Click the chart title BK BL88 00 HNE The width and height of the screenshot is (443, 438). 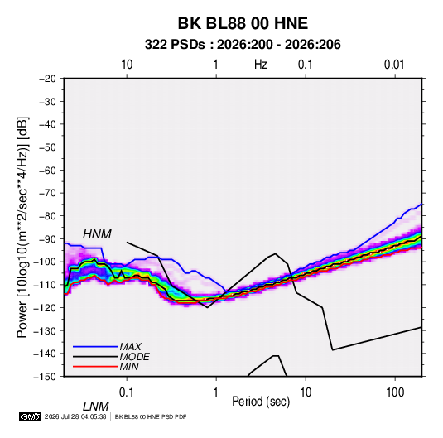pyautogui.click(x=243, y=23)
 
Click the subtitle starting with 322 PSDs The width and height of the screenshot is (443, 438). pyautogui.click(x=243, y=45)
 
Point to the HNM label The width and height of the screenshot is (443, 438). pyautogui.click(x=97, y=234)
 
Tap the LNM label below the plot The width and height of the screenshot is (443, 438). pyautogui.click(x=96, y=407)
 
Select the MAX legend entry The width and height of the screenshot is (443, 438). pyautogui.click(x=130, y=347)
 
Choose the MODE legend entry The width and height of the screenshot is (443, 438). pyautogui.click(x=134, y=357)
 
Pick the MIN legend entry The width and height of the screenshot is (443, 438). pyautogui.click(x=129, y=367)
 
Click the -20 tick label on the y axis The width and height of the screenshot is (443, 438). pyautogui.click(x=48, y=79)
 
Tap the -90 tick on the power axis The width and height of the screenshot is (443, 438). pyautogui.click(x=48, y=238)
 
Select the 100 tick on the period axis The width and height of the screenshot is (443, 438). pyautogui.click(x=395, y=392)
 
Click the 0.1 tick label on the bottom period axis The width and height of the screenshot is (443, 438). pyautogui.click(x=127, y=392)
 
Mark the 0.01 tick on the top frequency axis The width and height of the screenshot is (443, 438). pyautogui.click(x=394, y=65)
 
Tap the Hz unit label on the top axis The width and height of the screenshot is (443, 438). pyautogui.click(x=261, y=65)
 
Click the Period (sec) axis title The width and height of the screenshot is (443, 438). pyautogui.click(x=261, y=402)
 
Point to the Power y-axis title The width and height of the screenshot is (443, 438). pyautogui.click(x=22, y=228)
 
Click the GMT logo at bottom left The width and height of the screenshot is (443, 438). pyautogui.click(x=31, y=416)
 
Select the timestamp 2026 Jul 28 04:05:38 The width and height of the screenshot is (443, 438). pyautogui.click(x=75, y=416)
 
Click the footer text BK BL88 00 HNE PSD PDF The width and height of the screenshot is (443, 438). pyautogui.click(x=151, y=416)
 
